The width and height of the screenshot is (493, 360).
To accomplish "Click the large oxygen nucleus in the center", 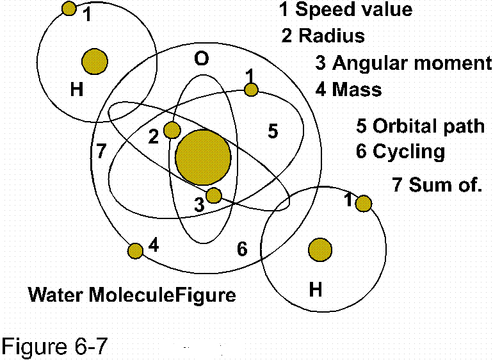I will click(x=203, y=157).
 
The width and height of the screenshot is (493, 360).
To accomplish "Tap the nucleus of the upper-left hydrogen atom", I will click(x=95, y=61).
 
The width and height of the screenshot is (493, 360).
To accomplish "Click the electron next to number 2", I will click(x=172, y=130).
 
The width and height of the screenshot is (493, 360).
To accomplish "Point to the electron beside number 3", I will click(x=214, y=195).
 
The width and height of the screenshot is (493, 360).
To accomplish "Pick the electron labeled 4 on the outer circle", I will click(x=135, y=250).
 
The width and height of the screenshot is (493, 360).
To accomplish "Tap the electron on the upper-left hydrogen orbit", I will click(x=69, y=8).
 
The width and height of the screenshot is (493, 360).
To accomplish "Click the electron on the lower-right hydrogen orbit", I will click(x=363, y=204).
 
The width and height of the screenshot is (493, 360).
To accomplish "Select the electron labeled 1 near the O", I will click(x=252, y=89).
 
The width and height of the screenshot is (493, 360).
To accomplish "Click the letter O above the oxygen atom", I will click(x=201, y=60).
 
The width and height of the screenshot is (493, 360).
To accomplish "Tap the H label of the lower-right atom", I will click(x=316, y=290).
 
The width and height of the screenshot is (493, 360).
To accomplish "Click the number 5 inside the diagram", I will click(x=273, y=132).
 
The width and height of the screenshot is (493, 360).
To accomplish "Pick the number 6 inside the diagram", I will click(x=242, y=249).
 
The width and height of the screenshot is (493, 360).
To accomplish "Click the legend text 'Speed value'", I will click(x=353, y=10).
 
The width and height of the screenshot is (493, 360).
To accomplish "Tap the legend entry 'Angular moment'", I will click(x=411, y=63).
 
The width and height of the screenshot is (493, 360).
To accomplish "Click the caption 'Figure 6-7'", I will click(x=53, y=347).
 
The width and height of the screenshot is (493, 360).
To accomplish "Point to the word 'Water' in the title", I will click(x=56, y=295).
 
